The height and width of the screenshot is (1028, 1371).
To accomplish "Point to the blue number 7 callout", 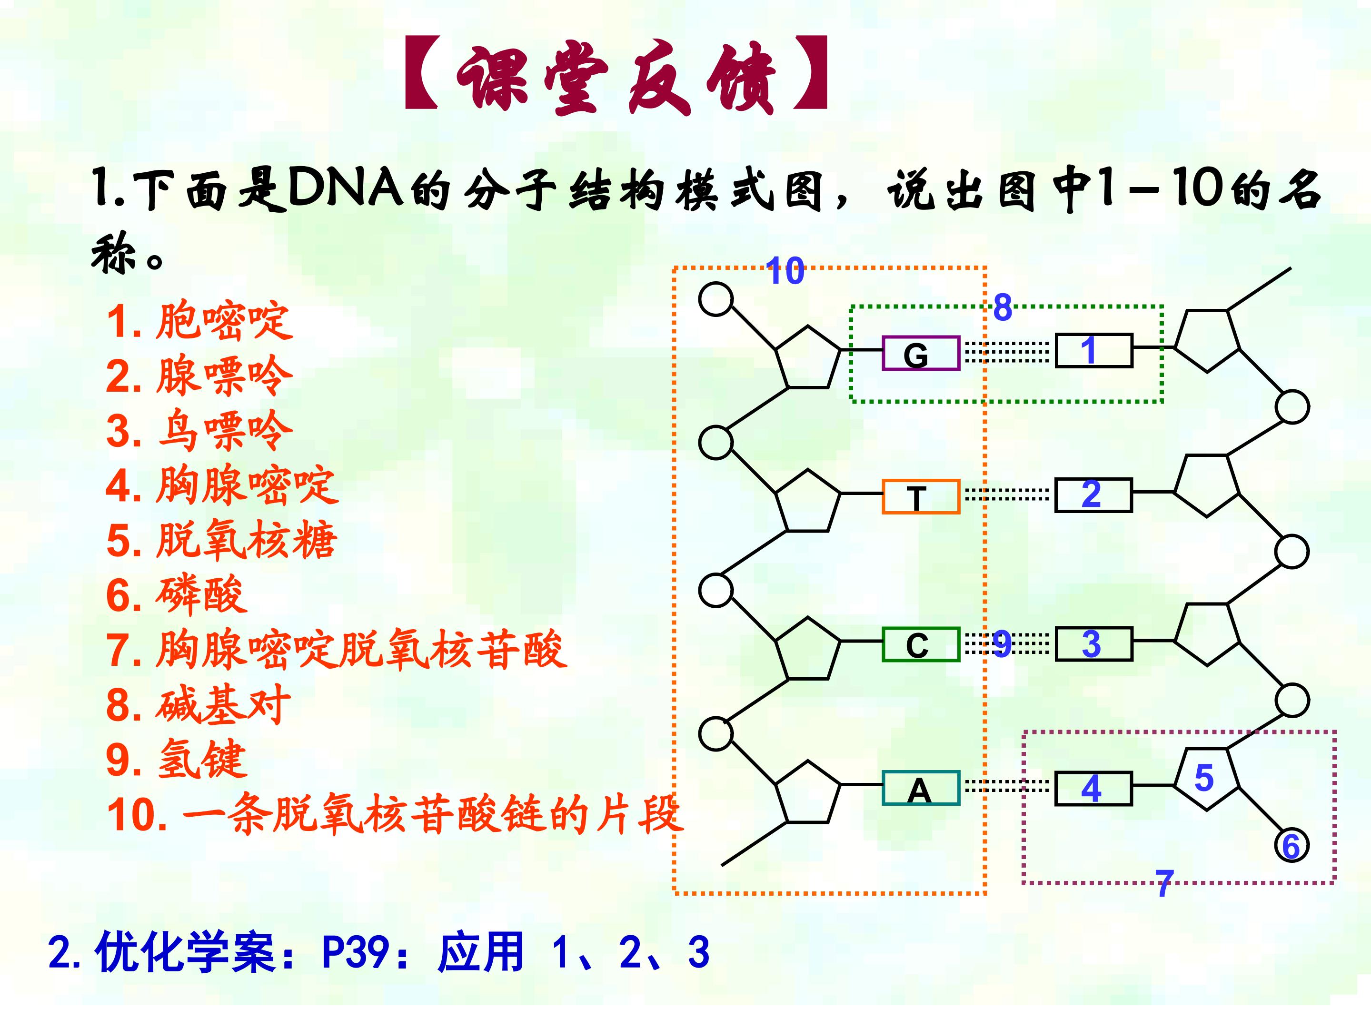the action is [x=1164, y=883].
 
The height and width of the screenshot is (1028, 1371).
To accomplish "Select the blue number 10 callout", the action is [x=785, y=271].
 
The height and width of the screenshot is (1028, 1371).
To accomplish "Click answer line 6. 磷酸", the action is [x=177, y=595].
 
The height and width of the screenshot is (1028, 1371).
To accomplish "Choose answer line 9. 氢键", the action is [x=177, y=760].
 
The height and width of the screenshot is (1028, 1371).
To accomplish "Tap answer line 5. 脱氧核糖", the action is [x=222, y=540].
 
